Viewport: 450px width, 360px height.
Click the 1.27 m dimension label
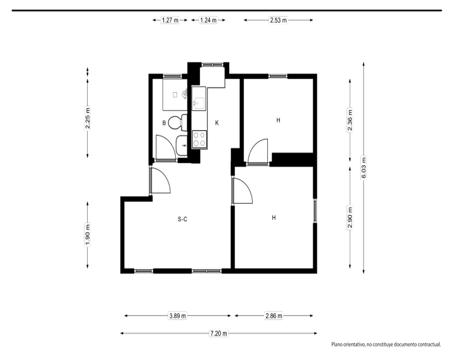click(170, 20)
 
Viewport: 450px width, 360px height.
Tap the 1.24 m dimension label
click(208, 20)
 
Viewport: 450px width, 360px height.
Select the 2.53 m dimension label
click(279, 20)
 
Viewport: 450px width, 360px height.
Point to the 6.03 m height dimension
click(364, 168)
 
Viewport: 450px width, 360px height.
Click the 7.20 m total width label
click(219, 333)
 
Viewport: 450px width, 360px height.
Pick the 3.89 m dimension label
click(177, 316)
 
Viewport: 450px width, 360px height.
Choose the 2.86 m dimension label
click(274, 316)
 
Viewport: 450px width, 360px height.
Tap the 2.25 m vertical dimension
click(88, 118)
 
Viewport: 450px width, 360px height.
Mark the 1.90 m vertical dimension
click(88, 234)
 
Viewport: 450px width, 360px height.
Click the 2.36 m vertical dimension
click(350, 120)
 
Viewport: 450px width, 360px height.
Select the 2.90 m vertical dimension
click(350, 217)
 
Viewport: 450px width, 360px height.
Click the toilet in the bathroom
click(177, 122)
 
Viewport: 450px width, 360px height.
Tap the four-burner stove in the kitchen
click(199, 139)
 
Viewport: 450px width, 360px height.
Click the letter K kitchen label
click(217, 123)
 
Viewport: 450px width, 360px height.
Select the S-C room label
click(183, 219)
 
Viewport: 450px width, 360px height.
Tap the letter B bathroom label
click(164, 123)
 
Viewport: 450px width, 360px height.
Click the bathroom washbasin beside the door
click(181, 145)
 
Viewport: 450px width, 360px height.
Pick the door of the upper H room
click(258, 152)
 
